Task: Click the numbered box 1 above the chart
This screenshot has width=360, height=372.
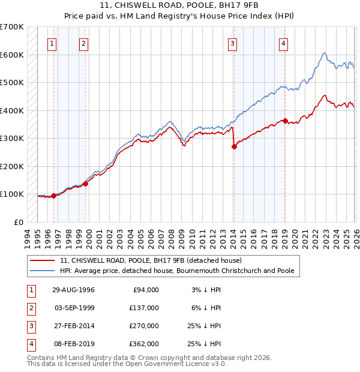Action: pos(52,43)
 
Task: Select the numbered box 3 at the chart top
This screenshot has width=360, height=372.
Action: pos(232,43)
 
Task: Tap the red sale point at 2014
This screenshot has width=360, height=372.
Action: pos(234,147)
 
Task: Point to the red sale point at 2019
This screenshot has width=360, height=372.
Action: pos(285,121)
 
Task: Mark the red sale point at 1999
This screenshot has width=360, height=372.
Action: pos(85,184)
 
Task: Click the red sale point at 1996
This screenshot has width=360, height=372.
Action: pos(54,196)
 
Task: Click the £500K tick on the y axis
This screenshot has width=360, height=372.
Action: pos(11,82)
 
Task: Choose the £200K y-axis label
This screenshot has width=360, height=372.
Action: pos(11,166)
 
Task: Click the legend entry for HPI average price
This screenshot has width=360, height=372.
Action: pos(177,271)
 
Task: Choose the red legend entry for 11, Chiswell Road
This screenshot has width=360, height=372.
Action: pos(151,260)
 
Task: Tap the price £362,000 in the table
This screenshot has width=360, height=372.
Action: pos(145,344)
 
